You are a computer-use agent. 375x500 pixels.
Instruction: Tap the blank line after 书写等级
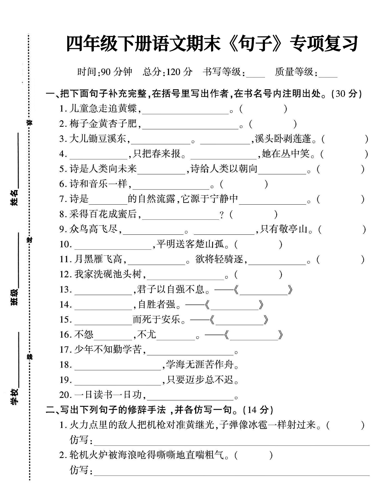pyautogui.click(x=255, y=74)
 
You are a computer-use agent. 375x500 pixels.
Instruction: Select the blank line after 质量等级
pyautogui.click(x=328, y=74)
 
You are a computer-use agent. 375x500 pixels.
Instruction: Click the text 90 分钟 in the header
pyautogui.click(x=116, y=72)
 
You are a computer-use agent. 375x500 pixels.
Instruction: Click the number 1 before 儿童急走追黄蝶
pyautogui.click(x=62, y=109)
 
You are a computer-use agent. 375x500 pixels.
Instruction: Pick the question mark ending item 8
pyautogui.click(x=222, y=215)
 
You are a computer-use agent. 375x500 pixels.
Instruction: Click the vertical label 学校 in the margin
pyautogui.click(x=14, y=396)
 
